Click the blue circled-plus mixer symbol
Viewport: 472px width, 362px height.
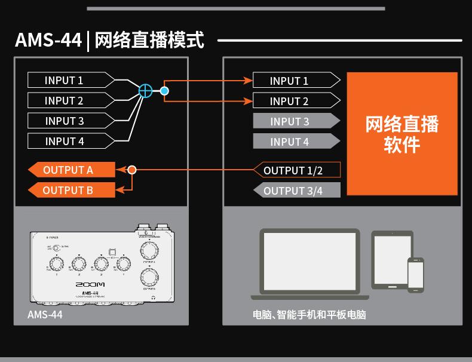pos(145,91)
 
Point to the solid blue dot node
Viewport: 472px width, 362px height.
pos(164,91)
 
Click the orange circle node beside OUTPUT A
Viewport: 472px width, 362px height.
pos(133,170)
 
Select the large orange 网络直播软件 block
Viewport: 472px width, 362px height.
pos(402,134)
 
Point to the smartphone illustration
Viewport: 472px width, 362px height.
pos(415,275)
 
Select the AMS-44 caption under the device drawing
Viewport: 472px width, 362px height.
pos(45,314)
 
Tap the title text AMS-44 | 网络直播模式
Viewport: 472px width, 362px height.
pos(109,41)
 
